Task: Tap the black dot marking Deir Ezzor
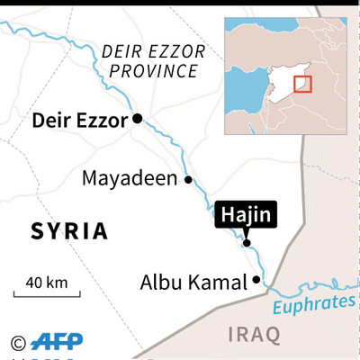138,118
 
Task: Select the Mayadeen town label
130,179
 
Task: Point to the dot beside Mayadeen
188,179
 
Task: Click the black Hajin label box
245,216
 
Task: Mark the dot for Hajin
247,241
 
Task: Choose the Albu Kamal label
193,282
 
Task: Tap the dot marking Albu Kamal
257,280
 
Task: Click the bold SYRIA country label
69,231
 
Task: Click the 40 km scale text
47,282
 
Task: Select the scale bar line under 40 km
47,293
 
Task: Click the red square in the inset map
302,84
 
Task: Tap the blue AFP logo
57,342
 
